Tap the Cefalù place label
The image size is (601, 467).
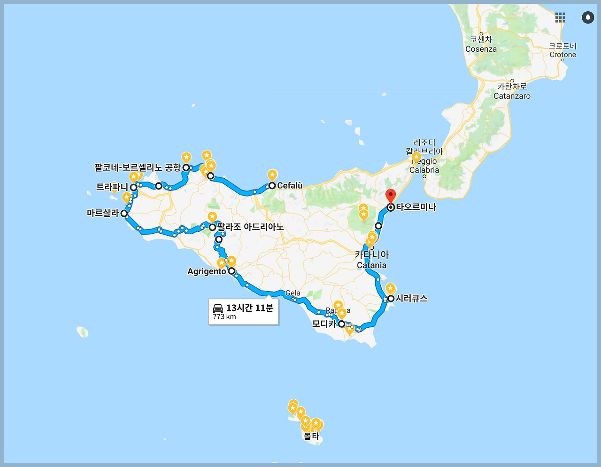click(290, 186)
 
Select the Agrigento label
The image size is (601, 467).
click(207, 271)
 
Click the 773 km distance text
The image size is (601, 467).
click(224, 317)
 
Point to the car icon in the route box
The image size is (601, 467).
click(218, 308)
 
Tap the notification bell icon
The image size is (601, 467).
click(588, 17)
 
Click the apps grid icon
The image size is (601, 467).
click(560, 17)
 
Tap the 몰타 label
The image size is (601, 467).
click(311, 436)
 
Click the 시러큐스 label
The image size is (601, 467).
click(412, 299)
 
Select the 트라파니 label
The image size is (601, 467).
click(112, 187)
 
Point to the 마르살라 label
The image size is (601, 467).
click(103, 214)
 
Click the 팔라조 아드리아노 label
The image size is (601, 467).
click(250, 228)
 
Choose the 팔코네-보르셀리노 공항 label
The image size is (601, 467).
click(137, 167)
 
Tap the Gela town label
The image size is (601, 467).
click(293, 293)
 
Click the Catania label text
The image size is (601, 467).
click(371, 265)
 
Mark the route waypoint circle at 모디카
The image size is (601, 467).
click(341, 324)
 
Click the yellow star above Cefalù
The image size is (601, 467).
click(272, 174)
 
